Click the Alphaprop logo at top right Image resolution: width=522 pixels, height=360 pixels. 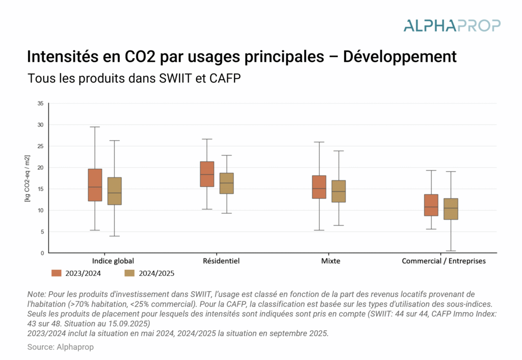click(452, 25)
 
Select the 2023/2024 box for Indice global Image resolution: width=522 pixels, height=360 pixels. click(95, 185)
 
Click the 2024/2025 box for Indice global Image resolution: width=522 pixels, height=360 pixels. click(114, 191)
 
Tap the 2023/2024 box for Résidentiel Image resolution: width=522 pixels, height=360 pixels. click(207, 174)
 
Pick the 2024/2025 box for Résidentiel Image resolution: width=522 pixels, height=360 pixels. click(226, 183)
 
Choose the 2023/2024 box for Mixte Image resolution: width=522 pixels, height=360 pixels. click(319, 187)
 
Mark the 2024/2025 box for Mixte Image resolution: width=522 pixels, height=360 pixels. click(338, 191)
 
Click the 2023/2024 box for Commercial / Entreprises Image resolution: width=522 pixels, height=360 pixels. click(431, 205)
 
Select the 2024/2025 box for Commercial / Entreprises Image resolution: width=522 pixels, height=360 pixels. click(451, 209)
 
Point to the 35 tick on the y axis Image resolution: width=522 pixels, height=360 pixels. click(40, 104)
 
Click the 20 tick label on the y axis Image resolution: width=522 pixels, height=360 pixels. click(40, 168)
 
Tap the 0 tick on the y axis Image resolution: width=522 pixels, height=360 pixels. click(42, 253)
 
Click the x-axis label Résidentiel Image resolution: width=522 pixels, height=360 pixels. click(221, 261)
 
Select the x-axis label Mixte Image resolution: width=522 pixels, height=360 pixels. click(331, 261)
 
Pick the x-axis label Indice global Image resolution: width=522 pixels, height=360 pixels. click(113, 261)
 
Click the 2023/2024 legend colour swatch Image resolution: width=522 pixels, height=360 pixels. click(56, 273)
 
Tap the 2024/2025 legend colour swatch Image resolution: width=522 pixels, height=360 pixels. click(129, 273)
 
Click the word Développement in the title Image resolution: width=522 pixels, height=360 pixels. click(399, 56)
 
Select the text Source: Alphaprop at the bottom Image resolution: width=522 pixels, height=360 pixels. click(61, 347)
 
